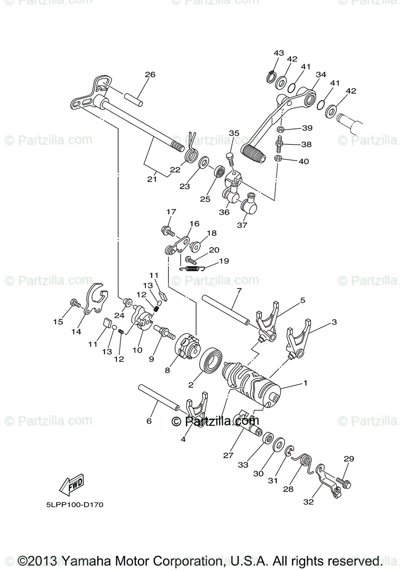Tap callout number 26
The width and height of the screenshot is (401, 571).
click(150, 75)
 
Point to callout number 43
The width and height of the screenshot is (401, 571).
click(279, 52)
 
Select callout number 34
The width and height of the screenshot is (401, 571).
click(321, 75)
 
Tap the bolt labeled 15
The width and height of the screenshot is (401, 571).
click(75, 303)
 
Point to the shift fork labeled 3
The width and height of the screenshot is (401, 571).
click(297, 338)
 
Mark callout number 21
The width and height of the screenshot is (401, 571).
click(152, 179)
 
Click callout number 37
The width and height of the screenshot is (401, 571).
click(242, 225)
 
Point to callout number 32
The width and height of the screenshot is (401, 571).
click(308, 502)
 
